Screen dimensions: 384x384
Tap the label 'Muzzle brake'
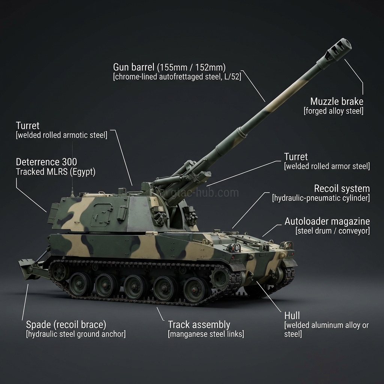coord(336,101)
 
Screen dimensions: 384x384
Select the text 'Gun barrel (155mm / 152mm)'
coord(169,67)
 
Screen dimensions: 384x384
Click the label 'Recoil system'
coord(342,188)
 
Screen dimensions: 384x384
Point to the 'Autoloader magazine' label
coord(327,221)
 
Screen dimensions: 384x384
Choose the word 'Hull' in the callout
coord(292,315)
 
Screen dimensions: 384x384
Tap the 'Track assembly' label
coord(199,324)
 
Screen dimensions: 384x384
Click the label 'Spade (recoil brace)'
coord(66,324)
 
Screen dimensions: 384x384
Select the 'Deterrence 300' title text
coord(46,162)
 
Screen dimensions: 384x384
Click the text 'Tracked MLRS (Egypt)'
coord(55,172)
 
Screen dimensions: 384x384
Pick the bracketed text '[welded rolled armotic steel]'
coord(61,135)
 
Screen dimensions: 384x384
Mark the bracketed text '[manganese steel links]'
coord(205,334)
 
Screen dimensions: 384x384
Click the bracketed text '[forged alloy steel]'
coord(333,111)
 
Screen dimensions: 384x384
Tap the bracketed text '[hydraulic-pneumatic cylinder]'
coord(321,198)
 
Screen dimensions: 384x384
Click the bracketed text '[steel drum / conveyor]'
coord(332,231)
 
